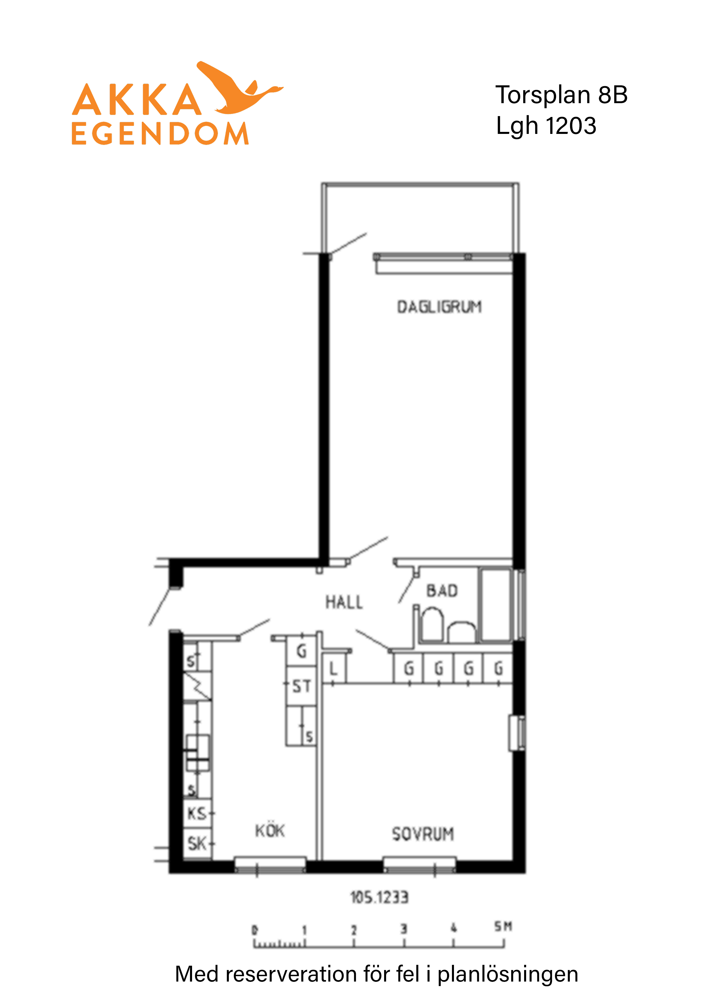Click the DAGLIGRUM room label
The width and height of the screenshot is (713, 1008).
(439, 307)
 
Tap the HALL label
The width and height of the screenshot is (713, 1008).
(344, 602)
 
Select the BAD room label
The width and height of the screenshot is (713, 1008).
(442, 591)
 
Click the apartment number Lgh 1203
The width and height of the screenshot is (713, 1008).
(546, 126)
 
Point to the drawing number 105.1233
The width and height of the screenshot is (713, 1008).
(379, 897)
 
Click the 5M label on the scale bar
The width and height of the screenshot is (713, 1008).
(503, 926)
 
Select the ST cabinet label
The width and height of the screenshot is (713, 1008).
(301, 686)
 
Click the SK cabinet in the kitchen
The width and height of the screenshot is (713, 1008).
(197, 843)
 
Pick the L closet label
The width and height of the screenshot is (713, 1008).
(333, 669)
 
